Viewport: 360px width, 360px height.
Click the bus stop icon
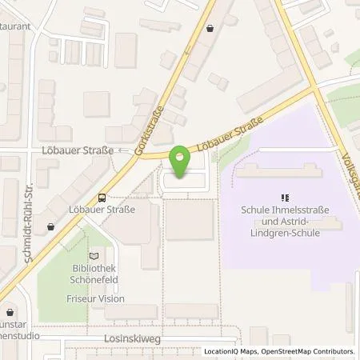pyautogui.click(x=102, y=198)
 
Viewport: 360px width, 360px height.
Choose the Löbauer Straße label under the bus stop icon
pyautogui.click(x=102, y=210)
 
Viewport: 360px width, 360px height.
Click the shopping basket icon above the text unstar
pyautogui.click(x=10, y=313)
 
